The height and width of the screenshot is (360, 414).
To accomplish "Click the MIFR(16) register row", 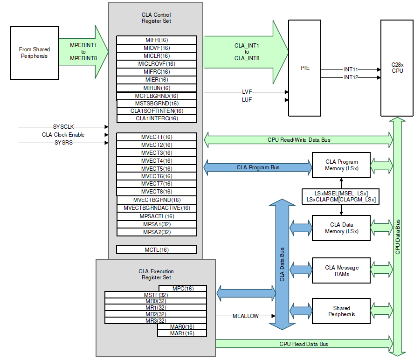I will point(156,40).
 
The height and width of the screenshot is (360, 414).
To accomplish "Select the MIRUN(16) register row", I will point(156,88).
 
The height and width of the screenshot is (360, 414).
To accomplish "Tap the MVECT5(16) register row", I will point(156,168).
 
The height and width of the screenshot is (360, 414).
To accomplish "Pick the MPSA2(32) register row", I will point(156,232).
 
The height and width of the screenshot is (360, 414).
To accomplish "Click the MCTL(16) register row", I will point(156,250).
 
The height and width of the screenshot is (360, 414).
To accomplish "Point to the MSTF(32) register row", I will point(156,295).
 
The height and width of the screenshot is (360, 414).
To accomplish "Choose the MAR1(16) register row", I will point(182,333).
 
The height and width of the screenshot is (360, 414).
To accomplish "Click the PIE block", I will point(305,68).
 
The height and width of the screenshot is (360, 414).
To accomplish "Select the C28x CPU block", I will point(397,68).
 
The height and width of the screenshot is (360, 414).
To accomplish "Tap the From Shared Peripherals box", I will point(34,53).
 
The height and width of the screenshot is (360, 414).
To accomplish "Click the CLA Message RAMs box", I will point(341,270).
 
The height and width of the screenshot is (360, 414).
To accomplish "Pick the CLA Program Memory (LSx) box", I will point(341,165).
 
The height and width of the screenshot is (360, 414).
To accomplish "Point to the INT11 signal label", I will point(351,69).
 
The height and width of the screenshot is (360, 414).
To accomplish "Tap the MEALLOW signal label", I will point(245,316).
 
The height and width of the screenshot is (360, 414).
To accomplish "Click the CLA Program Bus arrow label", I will point(258,167).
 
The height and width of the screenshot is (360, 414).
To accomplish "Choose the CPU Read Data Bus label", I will point(304,344).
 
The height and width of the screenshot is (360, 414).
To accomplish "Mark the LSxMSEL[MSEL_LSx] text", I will point(341,193).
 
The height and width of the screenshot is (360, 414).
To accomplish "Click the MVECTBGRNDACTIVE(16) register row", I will point(156,208).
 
